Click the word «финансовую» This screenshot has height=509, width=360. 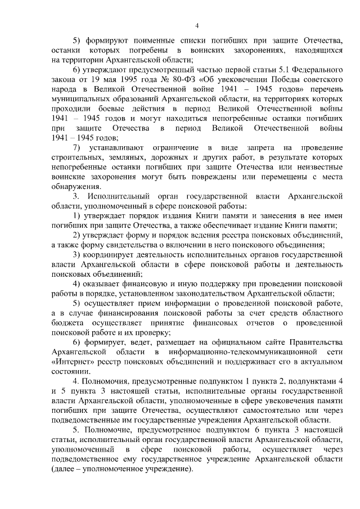click(x=148, y=282)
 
